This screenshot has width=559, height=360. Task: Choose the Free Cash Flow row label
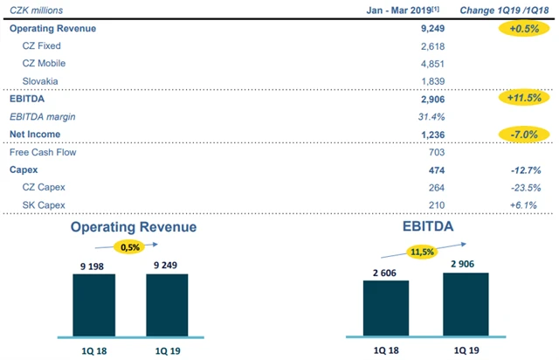click(x=42, y=151)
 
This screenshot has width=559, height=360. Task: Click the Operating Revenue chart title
click(x=134, y=227)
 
